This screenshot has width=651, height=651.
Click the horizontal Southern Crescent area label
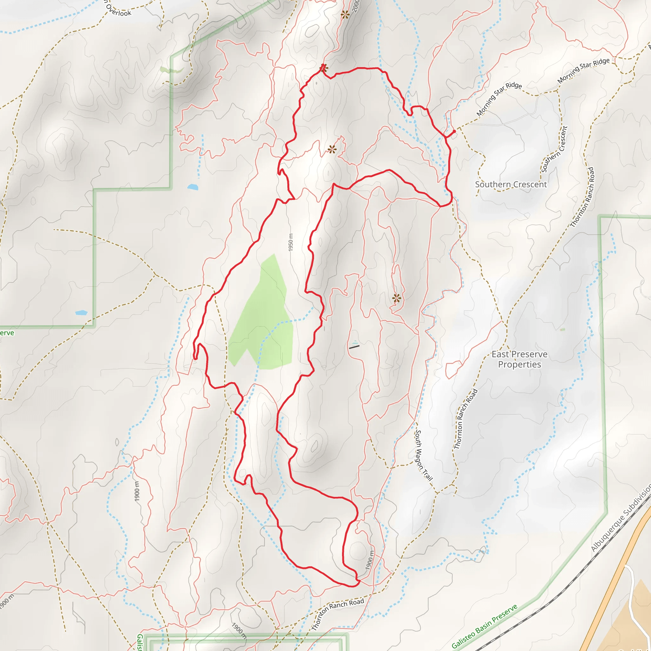(x=511, y=184)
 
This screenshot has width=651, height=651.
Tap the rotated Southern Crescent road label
(x=554, y=149)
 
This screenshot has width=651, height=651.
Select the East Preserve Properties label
(x=519, y=359)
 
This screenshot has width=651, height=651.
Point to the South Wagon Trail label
(x=423, y=455)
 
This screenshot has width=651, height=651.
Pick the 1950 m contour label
(x=291, y=242)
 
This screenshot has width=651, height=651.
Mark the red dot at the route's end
(x=454, y=131)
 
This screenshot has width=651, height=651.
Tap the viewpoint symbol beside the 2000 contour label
(x=345, y=15)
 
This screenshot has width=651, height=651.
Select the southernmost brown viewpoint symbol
(x=397, y=298)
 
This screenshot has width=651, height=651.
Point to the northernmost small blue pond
(x=193, y=187)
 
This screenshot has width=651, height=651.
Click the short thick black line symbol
(x=354, y=347)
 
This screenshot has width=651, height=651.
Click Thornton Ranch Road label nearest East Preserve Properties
(x=466, y=419)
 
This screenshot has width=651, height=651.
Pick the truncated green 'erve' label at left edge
(x=7, y=333)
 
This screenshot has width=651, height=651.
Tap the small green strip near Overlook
(x=171, y=71)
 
